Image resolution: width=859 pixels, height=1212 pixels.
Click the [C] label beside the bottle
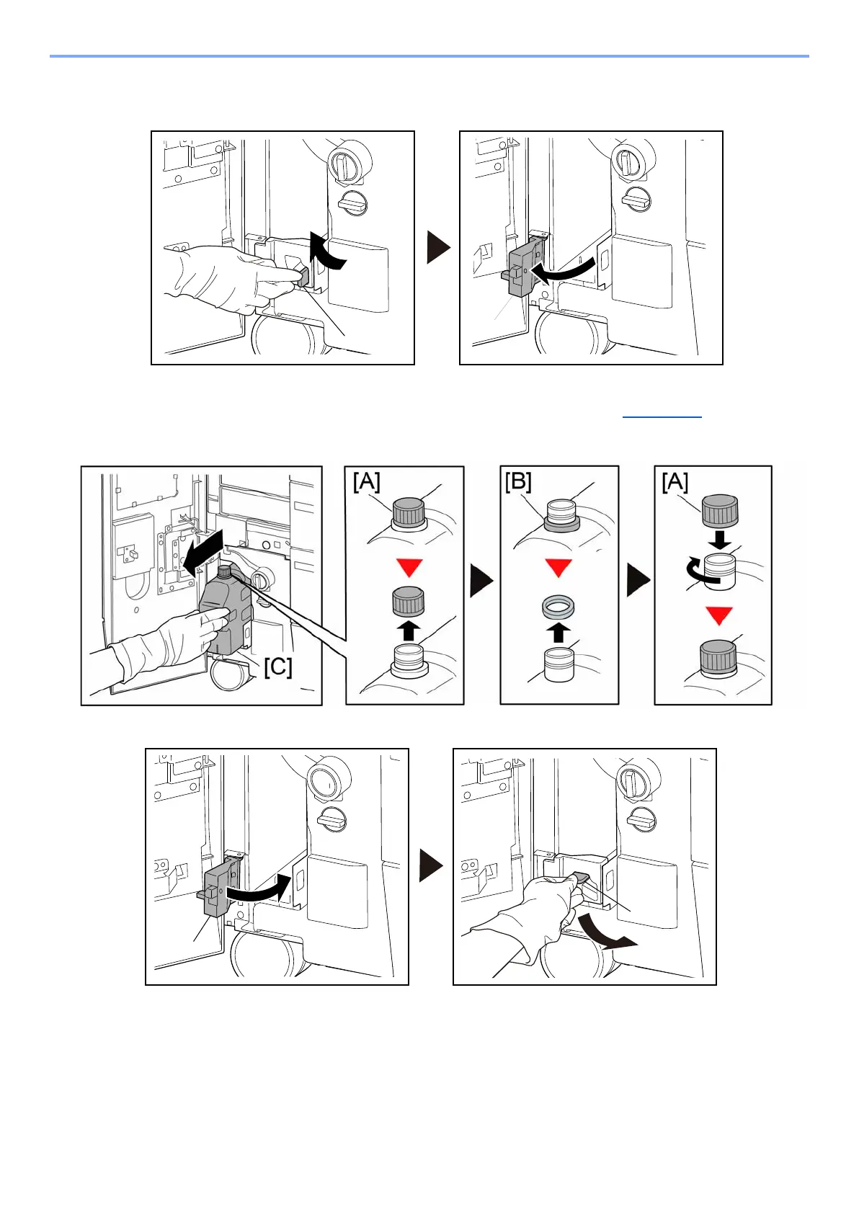tap(277, 667)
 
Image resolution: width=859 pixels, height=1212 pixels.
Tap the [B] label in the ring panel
tap(518, 481)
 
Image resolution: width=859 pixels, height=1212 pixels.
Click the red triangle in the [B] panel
tap(558, 568)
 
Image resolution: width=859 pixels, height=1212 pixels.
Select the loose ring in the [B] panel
tap(558, 607)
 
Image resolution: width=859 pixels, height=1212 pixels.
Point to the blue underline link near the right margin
tap(662, 416)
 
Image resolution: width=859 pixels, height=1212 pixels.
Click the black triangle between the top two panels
tap(438, 247)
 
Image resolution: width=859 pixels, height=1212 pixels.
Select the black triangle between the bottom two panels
tap(431, 865)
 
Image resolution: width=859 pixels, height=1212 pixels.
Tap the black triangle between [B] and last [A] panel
tap(638, 581)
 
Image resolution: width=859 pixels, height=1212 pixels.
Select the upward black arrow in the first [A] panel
tap(409, 631)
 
